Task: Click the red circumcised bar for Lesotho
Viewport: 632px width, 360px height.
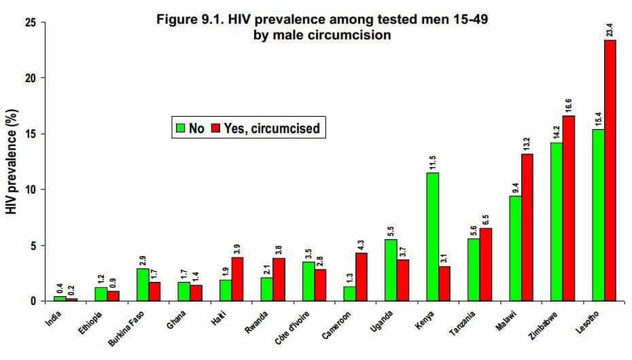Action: click(x=610, y=170)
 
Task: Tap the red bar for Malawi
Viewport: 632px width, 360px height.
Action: click(x=527, y=227)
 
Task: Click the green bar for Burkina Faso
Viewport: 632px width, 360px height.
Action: click(x=142, y=284)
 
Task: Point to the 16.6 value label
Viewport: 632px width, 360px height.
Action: click(x=568, y=105)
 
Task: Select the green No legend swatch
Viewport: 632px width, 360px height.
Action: click(x=180, y=128)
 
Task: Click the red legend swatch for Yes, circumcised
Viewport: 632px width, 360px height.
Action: click(x=216, y=128)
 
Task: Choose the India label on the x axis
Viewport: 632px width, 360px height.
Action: click(x=54, y=319)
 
